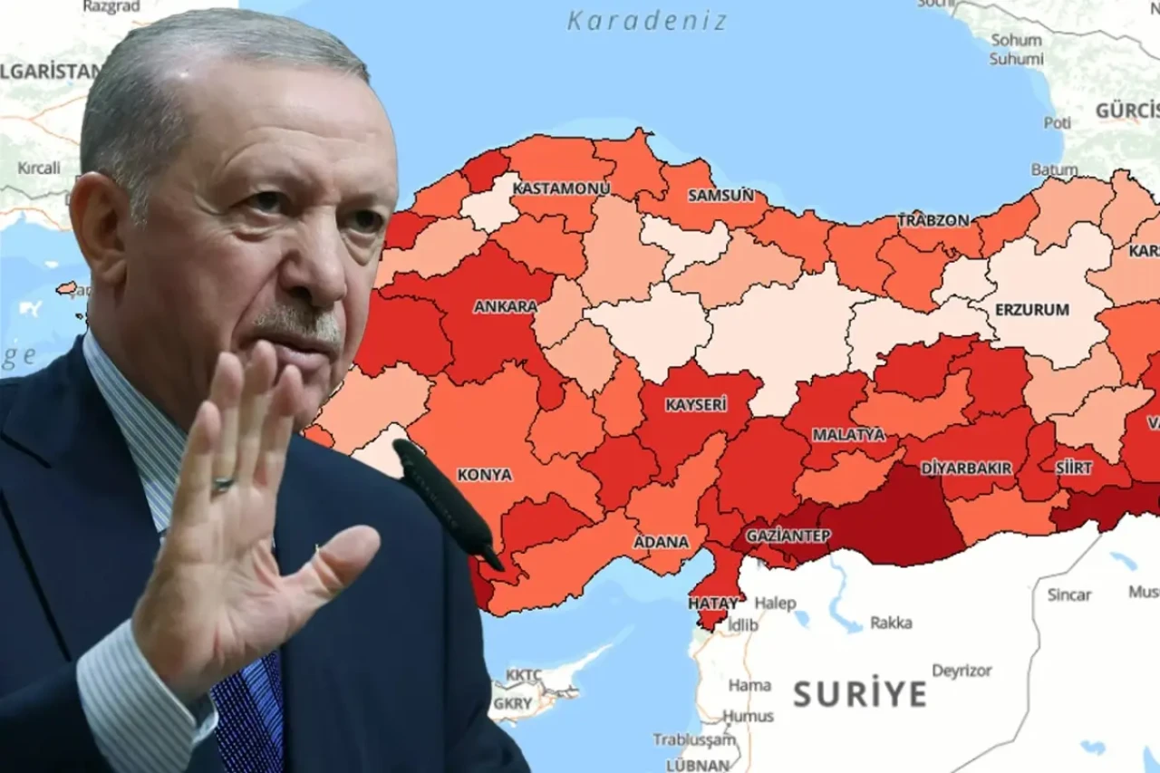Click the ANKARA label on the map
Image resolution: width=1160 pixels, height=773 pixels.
click(505, 306)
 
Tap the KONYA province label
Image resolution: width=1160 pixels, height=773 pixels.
click(484, 474)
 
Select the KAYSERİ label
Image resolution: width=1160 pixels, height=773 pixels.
click(696, 404)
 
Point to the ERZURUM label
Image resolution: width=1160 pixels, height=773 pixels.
click(1032, 309)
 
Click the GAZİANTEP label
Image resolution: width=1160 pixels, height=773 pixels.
click(788, 536)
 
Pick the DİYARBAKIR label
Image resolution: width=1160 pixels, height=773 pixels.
click(966, 468)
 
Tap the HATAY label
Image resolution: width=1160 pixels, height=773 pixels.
click(713, 603)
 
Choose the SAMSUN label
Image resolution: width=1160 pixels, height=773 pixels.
click(720, 195)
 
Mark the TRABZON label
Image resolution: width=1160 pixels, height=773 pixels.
click(933, 220)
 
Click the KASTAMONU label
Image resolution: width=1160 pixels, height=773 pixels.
click(561, 188)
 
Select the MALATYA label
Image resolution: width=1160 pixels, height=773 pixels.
click(848, 434)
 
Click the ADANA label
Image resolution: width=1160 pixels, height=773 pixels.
click(661, 542)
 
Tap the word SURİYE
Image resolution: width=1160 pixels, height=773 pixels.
click(860, 694)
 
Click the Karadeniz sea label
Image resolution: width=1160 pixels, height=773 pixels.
click(647, 21)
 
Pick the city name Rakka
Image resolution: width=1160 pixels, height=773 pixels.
click(891, 623)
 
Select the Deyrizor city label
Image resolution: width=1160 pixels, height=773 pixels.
click(962, 672)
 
